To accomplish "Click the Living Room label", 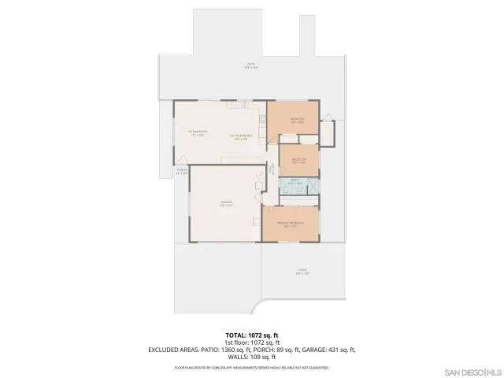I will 198,132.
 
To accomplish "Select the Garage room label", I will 226,203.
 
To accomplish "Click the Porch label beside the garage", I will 182,171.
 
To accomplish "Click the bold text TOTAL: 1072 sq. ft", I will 251,335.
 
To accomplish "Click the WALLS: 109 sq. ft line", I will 251,355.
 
